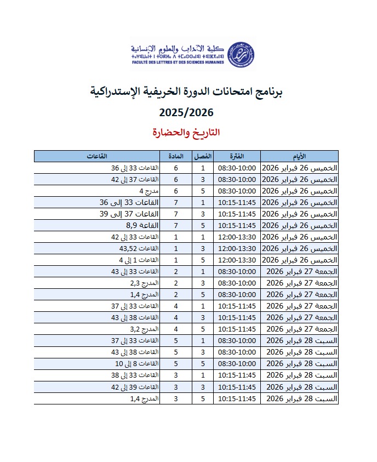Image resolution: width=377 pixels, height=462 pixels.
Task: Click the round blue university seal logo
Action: coord(241,54)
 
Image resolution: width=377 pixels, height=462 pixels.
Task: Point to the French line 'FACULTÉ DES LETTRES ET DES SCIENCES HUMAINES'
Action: coord(178,62)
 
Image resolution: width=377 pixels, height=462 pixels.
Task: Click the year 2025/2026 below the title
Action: coord(186,112)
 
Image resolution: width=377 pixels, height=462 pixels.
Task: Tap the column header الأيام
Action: coord(299,156)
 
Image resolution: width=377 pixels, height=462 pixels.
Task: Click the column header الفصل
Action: coord(203,156)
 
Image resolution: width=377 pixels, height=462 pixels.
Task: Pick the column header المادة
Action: coord(176,156)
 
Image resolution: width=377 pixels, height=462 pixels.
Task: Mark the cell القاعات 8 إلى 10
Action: coord(137,363)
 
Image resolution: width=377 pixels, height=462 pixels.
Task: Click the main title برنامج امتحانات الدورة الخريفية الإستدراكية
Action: coord(186,92)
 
